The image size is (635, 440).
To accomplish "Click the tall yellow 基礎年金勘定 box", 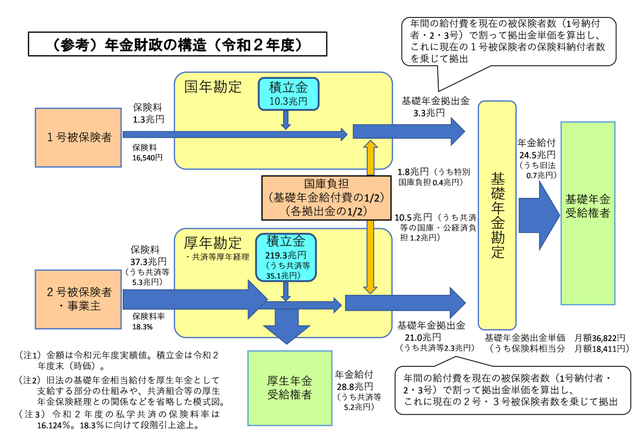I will click(x=497, y=215).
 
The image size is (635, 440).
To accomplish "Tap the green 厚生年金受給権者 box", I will click(x=288, y=388).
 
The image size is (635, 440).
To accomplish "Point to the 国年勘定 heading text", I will click(x=213, y=87).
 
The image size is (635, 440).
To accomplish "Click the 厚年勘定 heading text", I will click(x=213, y=243).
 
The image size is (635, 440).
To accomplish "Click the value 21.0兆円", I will click(x=415, y=337).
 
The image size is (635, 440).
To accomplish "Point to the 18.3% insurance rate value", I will click(x=143, y=327).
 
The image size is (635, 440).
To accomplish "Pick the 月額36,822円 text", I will click(x=600, y=337).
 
